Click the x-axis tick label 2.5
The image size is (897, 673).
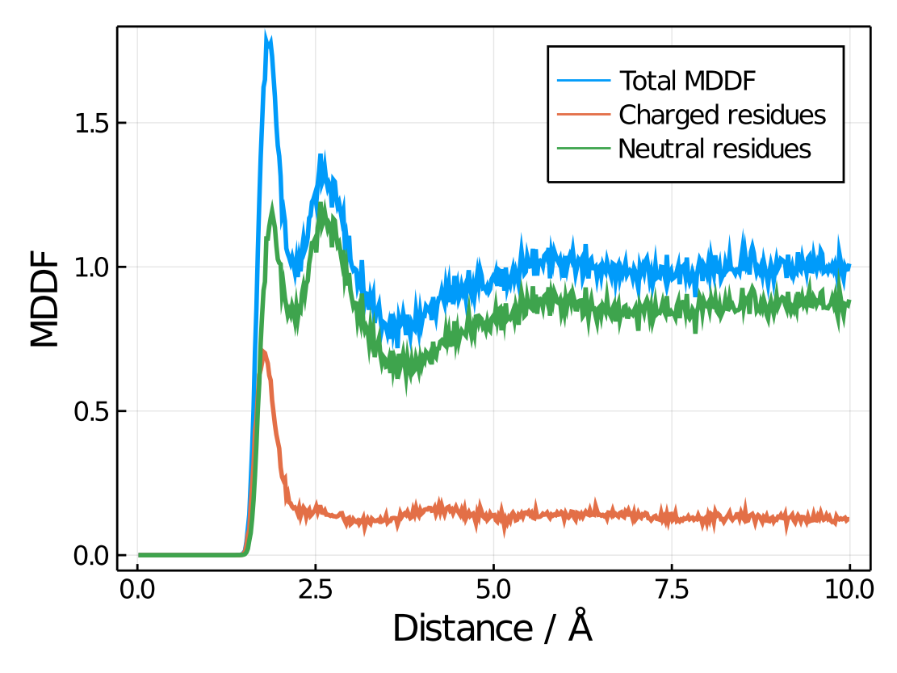316,589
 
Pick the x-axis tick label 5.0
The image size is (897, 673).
493,589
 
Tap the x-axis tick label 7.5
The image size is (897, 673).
672,589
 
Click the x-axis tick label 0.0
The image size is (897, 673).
138,589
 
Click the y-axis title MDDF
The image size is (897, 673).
45,299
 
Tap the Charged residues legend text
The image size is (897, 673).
722,115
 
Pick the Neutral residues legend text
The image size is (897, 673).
714,149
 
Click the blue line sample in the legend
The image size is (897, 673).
583,81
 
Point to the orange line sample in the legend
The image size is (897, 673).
583,115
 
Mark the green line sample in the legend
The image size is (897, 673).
583,149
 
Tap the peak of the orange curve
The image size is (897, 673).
262,351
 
